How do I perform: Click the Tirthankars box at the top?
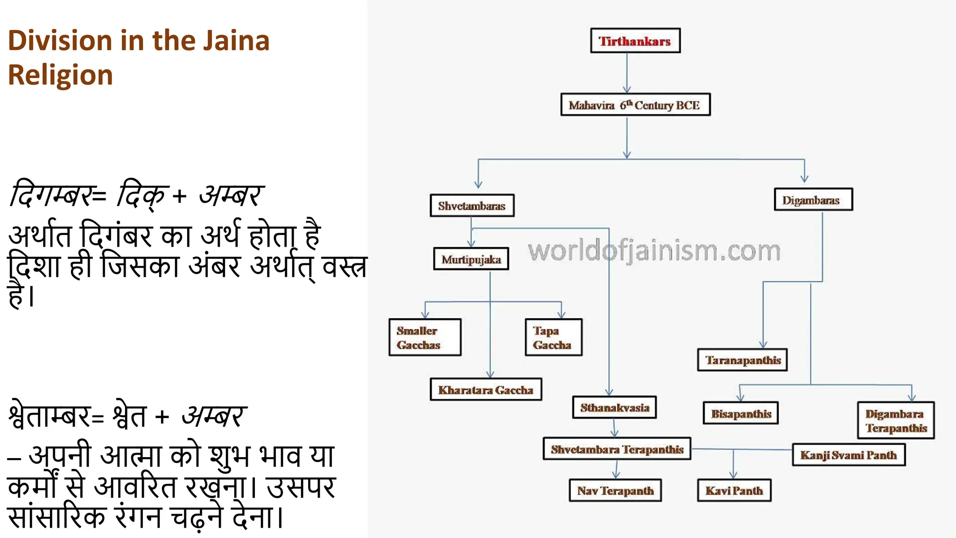(635, 41)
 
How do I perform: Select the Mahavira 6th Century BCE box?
(635, 105)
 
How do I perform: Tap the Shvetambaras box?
(472, 205)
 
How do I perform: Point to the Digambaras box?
(813, 200)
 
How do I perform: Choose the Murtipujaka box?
(471, 259)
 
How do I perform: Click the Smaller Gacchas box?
(425, 338)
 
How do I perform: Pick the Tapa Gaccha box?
(553, 338)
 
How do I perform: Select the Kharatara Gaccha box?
(485, 389)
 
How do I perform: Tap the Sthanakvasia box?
(614, 407)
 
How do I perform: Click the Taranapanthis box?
(742, 360)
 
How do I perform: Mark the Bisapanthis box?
(740, 413)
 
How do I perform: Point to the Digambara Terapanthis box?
(895, 420)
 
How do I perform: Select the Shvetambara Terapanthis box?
(617, 449)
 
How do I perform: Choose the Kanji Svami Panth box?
(848, 455)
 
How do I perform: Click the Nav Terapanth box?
(615, 490)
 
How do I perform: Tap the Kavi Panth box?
(733, 490)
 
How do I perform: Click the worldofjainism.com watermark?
(654, 251)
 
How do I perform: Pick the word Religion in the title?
(60, 75)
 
